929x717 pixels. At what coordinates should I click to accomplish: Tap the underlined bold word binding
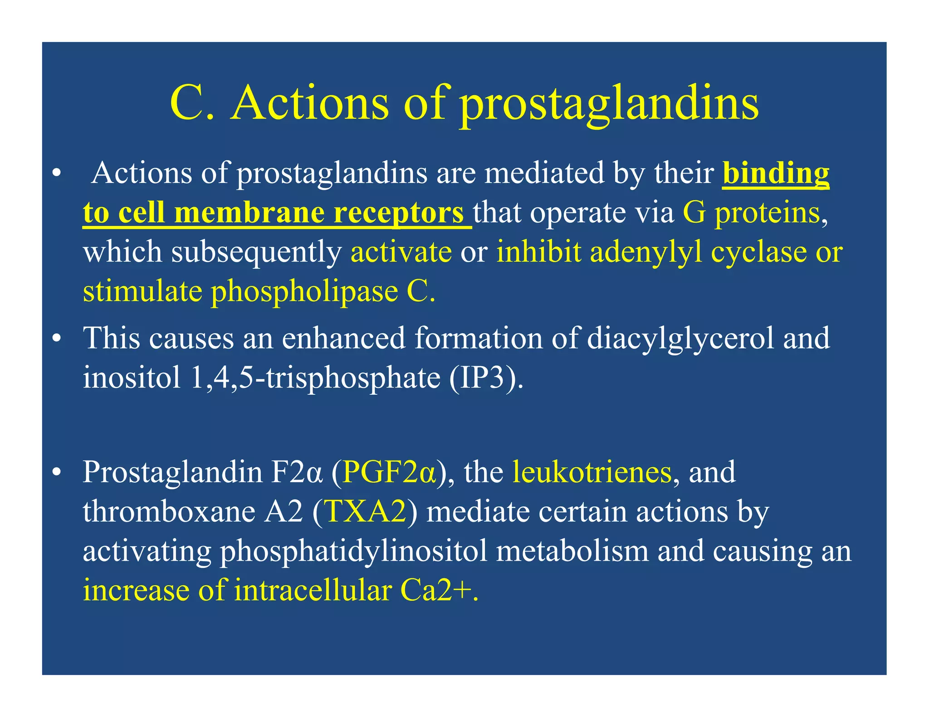click(776, 174)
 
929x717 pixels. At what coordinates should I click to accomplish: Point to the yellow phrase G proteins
click(751, 213)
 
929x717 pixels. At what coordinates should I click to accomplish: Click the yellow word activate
click(401, 252)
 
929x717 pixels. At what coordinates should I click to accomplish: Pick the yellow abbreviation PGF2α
click(389, 472)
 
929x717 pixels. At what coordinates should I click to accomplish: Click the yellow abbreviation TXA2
click(366, 512)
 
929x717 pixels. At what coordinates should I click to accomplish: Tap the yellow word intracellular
click(313, 591)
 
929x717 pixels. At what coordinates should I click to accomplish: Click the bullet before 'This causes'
click(56, 339)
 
